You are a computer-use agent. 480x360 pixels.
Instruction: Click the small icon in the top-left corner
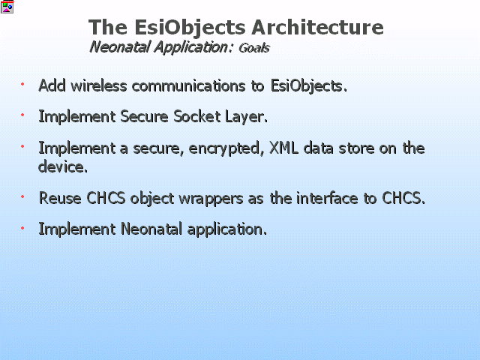click(7, 7)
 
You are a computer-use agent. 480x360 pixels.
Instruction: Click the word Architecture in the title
click(317, 27)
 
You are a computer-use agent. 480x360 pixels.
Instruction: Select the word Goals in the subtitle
click(254, 48)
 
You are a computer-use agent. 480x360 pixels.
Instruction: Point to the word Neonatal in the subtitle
click(119, 47)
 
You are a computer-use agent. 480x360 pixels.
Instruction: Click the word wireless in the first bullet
click(98, 85)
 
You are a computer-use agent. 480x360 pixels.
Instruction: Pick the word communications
click(188, 85)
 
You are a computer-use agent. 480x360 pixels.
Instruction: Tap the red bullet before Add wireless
click(22, 83)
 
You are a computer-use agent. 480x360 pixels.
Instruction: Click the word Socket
click(196, 117)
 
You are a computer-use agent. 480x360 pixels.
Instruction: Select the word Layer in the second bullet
click(245, 117)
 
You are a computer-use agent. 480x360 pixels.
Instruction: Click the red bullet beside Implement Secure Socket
click(22, 115)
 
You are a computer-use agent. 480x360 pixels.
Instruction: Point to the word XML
click(283, 148)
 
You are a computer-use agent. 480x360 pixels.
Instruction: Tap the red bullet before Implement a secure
click(22, 146)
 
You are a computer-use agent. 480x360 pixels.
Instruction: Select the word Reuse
click(60, 198)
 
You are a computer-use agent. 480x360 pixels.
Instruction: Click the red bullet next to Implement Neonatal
click(22, 228)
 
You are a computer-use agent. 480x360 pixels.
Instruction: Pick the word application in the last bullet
click(226, 229)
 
